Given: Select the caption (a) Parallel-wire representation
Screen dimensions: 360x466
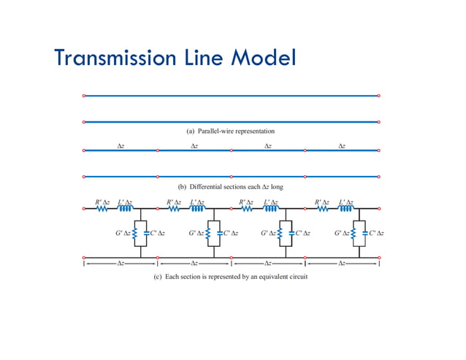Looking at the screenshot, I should coord(230,131).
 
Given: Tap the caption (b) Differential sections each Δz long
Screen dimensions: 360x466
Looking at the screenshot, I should coord(230,186).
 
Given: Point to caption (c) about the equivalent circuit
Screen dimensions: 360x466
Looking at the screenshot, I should coord(231,277).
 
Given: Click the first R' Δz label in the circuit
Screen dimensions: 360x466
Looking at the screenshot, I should coord(102,202).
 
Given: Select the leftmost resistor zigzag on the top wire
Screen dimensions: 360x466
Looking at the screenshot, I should coord(102,209).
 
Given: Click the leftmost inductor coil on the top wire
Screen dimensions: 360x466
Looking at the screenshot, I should coord(125,209).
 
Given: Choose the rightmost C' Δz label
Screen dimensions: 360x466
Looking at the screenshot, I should coord(377,233).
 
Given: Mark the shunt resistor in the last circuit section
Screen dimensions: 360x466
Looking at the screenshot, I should coord(355,233).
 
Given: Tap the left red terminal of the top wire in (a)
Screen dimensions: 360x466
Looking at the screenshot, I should coord(84,96).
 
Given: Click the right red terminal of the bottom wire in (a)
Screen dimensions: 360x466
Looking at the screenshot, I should coord(378,121).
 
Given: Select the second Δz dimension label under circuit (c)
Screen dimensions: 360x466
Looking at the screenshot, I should coord(194,262).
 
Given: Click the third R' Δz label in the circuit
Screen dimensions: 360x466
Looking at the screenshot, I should coord(249,202).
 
